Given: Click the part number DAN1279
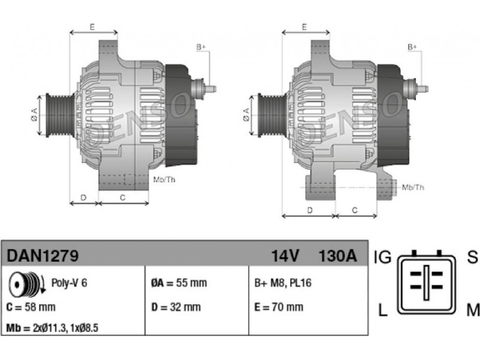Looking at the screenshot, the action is pos(43,256).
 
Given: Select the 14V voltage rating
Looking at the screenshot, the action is pos(284,256).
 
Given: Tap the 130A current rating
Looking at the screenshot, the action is pos(338,256).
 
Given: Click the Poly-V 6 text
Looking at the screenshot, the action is pos(69,283).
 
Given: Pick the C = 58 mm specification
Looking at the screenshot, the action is pos(31,307).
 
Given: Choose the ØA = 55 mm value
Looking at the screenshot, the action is pos(179,283).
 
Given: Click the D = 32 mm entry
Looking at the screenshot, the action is pos(176,307).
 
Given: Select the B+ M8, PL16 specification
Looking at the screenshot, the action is pos(283,283).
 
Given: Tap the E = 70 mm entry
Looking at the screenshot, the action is pos(279,307).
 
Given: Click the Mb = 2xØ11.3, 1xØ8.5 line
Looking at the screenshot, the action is pos(52,328).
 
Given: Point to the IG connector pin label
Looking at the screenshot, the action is pos(383,257).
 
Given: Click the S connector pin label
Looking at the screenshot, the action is pos(472,257).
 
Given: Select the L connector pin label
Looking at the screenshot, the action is pos(383,310).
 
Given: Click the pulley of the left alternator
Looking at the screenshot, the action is pos(60,115).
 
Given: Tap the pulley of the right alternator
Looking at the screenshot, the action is pos(272,115).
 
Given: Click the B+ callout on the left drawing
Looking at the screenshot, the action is pos(201,47).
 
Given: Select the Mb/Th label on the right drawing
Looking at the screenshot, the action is pos(413,187).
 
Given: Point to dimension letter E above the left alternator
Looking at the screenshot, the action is pos(92,27).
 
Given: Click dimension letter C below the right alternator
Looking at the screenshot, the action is pos(355,211).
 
